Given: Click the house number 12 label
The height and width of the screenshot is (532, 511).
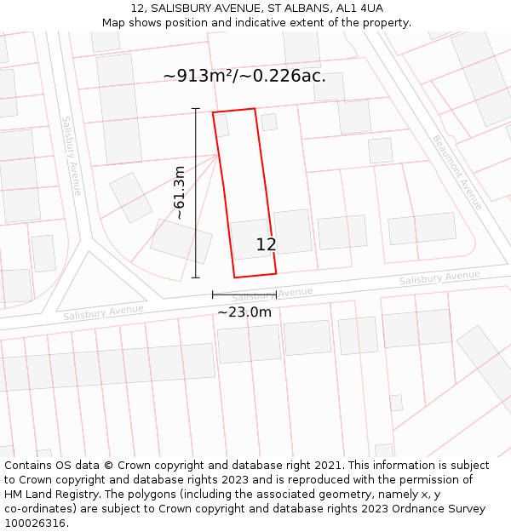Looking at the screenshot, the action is tap(266, 245).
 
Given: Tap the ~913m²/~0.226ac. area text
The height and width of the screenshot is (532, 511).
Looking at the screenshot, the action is tap(244, 76).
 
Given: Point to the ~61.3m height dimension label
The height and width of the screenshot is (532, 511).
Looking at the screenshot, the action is tap(180, 193).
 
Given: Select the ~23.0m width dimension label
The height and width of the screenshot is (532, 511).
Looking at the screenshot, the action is tap(244, 312).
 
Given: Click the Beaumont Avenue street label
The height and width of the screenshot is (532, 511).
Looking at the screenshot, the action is tap(457, 172).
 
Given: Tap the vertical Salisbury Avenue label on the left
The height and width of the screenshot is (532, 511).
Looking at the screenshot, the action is tap(71, 156).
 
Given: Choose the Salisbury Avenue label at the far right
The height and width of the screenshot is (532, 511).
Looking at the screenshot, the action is tap(439, 277).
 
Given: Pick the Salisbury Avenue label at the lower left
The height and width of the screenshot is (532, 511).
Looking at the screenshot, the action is tap(103, 312).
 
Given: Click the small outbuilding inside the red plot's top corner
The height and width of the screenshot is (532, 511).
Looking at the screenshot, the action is tap(221, 125).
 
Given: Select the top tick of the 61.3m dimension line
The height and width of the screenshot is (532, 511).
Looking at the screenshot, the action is tap(196, 109).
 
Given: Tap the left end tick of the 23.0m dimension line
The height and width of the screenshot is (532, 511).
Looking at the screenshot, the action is tap(213, 295).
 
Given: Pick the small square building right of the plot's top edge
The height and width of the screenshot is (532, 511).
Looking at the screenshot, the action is tap(269, 122).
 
